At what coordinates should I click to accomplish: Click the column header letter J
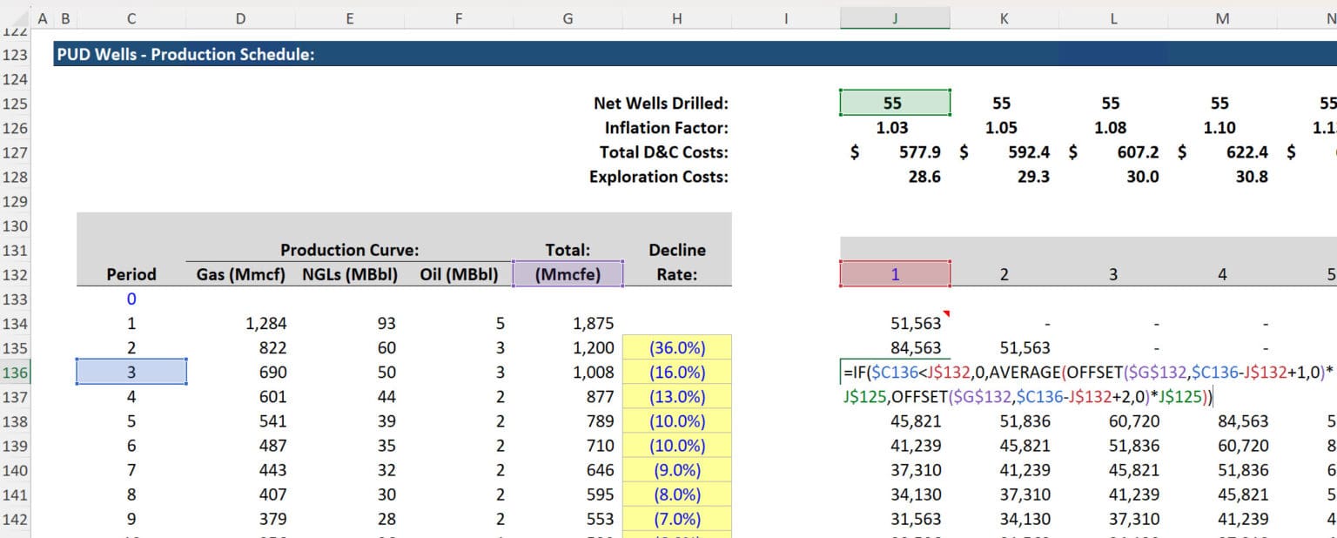895,17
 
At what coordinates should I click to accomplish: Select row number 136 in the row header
15,373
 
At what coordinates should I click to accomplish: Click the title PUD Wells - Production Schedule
185,55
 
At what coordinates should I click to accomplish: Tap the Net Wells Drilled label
661,103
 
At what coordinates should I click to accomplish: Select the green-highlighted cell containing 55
894,103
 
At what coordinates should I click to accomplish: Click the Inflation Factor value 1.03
892,128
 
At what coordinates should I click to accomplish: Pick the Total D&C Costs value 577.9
920,152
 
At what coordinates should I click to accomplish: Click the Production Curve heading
349,250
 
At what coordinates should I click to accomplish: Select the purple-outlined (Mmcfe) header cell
568,274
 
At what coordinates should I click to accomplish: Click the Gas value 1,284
266,324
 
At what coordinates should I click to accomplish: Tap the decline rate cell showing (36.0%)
676,348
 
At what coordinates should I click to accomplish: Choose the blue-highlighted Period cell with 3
131,373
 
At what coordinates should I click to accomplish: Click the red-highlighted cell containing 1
895,274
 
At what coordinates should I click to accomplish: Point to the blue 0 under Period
131,299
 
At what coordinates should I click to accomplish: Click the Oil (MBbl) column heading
458,274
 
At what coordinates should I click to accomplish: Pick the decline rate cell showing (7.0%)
676,520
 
